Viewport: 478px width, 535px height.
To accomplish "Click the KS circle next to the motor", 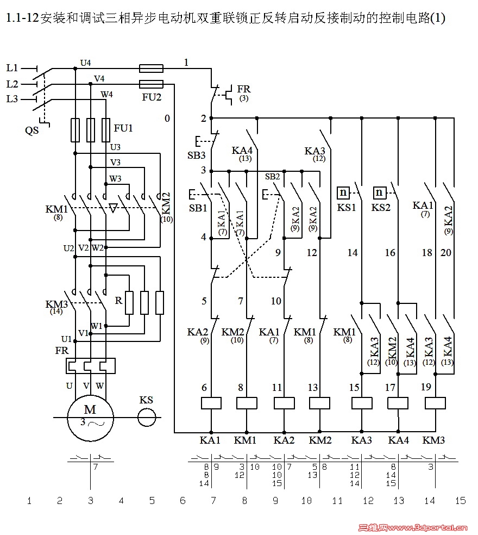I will pos(146,418).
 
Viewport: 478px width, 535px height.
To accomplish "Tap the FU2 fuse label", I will pos(152,98).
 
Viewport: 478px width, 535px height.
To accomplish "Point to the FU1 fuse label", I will pos(123,128).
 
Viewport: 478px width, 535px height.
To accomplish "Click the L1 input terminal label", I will pos(12,69).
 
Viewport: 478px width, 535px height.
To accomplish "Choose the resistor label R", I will pos(118,300).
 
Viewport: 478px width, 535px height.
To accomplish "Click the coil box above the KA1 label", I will pos(211,403).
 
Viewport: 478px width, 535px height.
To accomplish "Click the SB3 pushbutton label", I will pos(197,155).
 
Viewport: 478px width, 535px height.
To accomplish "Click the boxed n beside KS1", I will pos(343,192).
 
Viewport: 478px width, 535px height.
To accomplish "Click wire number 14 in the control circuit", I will pos(353,253).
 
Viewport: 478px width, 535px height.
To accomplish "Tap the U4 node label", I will pos(85,63).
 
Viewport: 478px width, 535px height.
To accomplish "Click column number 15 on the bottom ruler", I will pos(461,501).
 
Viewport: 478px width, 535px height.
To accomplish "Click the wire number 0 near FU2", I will pos(167,119).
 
